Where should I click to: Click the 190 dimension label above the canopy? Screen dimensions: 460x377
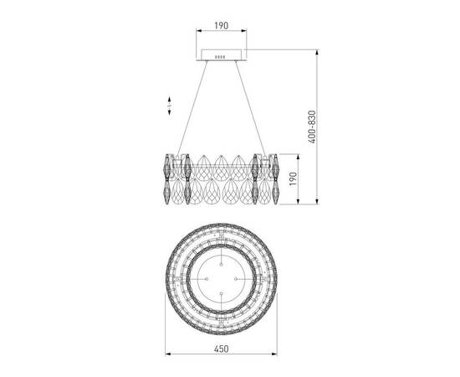coord(221,26)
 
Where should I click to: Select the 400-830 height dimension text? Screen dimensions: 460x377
coord(313,127)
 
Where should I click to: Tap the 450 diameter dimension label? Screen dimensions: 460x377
coord(221,349)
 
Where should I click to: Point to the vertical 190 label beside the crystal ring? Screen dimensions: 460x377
coord(293,179)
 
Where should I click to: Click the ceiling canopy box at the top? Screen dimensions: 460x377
coord(221,55)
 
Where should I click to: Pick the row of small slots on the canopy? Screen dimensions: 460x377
coord(220,57)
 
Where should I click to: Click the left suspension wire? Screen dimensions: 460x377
coord(192,109)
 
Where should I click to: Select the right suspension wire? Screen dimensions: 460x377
coord(251,109)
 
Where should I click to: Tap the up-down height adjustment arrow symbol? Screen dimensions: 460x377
coord(169,106)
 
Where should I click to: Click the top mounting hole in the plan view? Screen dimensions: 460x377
coord(221,265)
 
